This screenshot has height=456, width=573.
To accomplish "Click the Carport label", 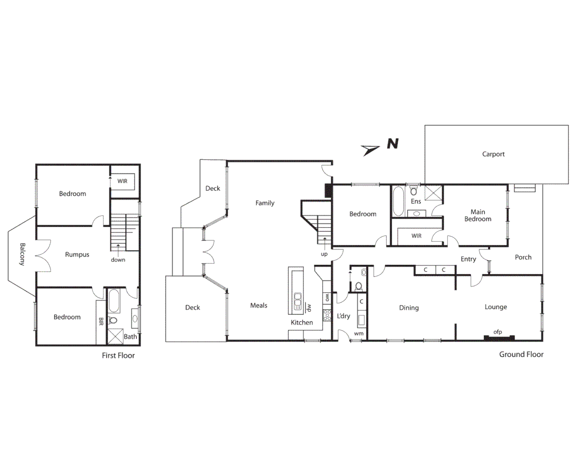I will click(493, 154).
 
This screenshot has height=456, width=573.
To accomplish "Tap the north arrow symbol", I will click(370, 149).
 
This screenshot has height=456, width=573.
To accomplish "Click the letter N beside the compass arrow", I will click(393, 144).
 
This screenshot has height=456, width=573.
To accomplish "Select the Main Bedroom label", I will click(478, 215).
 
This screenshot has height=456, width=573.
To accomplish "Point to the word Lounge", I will click(496, 307).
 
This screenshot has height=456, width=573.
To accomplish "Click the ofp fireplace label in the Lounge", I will click(498, 332).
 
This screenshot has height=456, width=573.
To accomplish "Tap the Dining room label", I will click(409, 308).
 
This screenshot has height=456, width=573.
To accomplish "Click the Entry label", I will click(468, 259).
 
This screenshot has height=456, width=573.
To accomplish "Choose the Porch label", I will click(523, 257).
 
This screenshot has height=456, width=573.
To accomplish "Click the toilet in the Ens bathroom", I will click(414, 191).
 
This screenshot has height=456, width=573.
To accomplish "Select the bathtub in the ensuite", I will click(398, 201).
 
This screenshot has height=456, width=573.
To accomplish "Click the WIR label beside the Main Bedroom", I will click(416, 236).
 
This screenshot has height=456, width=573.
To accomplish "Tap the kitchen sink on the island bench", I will click(298, 301).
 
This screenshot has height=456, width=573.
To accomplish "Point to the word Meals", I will click(259, 305).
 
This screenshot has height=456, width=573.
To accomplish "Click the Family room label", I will click(265, 203).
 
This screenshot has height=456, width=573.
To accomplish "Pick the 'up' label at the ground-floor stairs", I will click(324, 254).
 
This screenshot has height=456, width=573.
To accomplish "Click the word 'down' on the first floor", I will click(118, 260).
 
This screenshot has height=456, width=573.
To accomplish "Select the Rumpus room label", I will click(77, 255).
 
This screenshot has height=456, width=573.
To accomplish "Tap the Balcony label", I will click(22, 254).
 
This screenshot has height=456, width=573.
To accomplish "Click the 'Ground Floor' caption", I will click(521, 355).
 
